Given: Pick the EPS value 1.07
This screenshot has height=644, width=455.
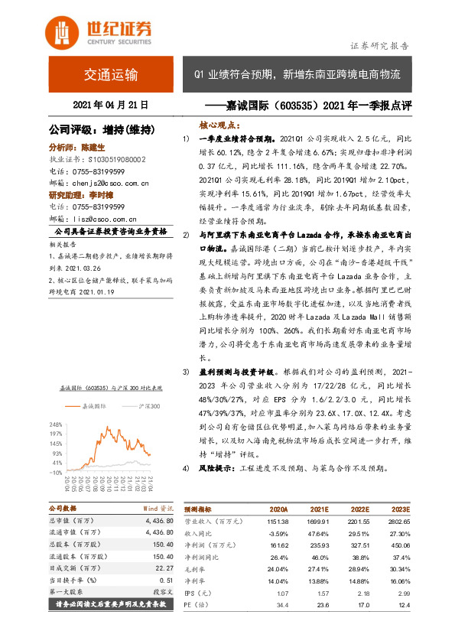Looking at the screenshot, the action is (x=281, y=594).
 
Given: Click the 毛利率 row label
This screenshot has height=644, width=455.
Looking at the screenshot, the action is (x=196, y=570).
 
